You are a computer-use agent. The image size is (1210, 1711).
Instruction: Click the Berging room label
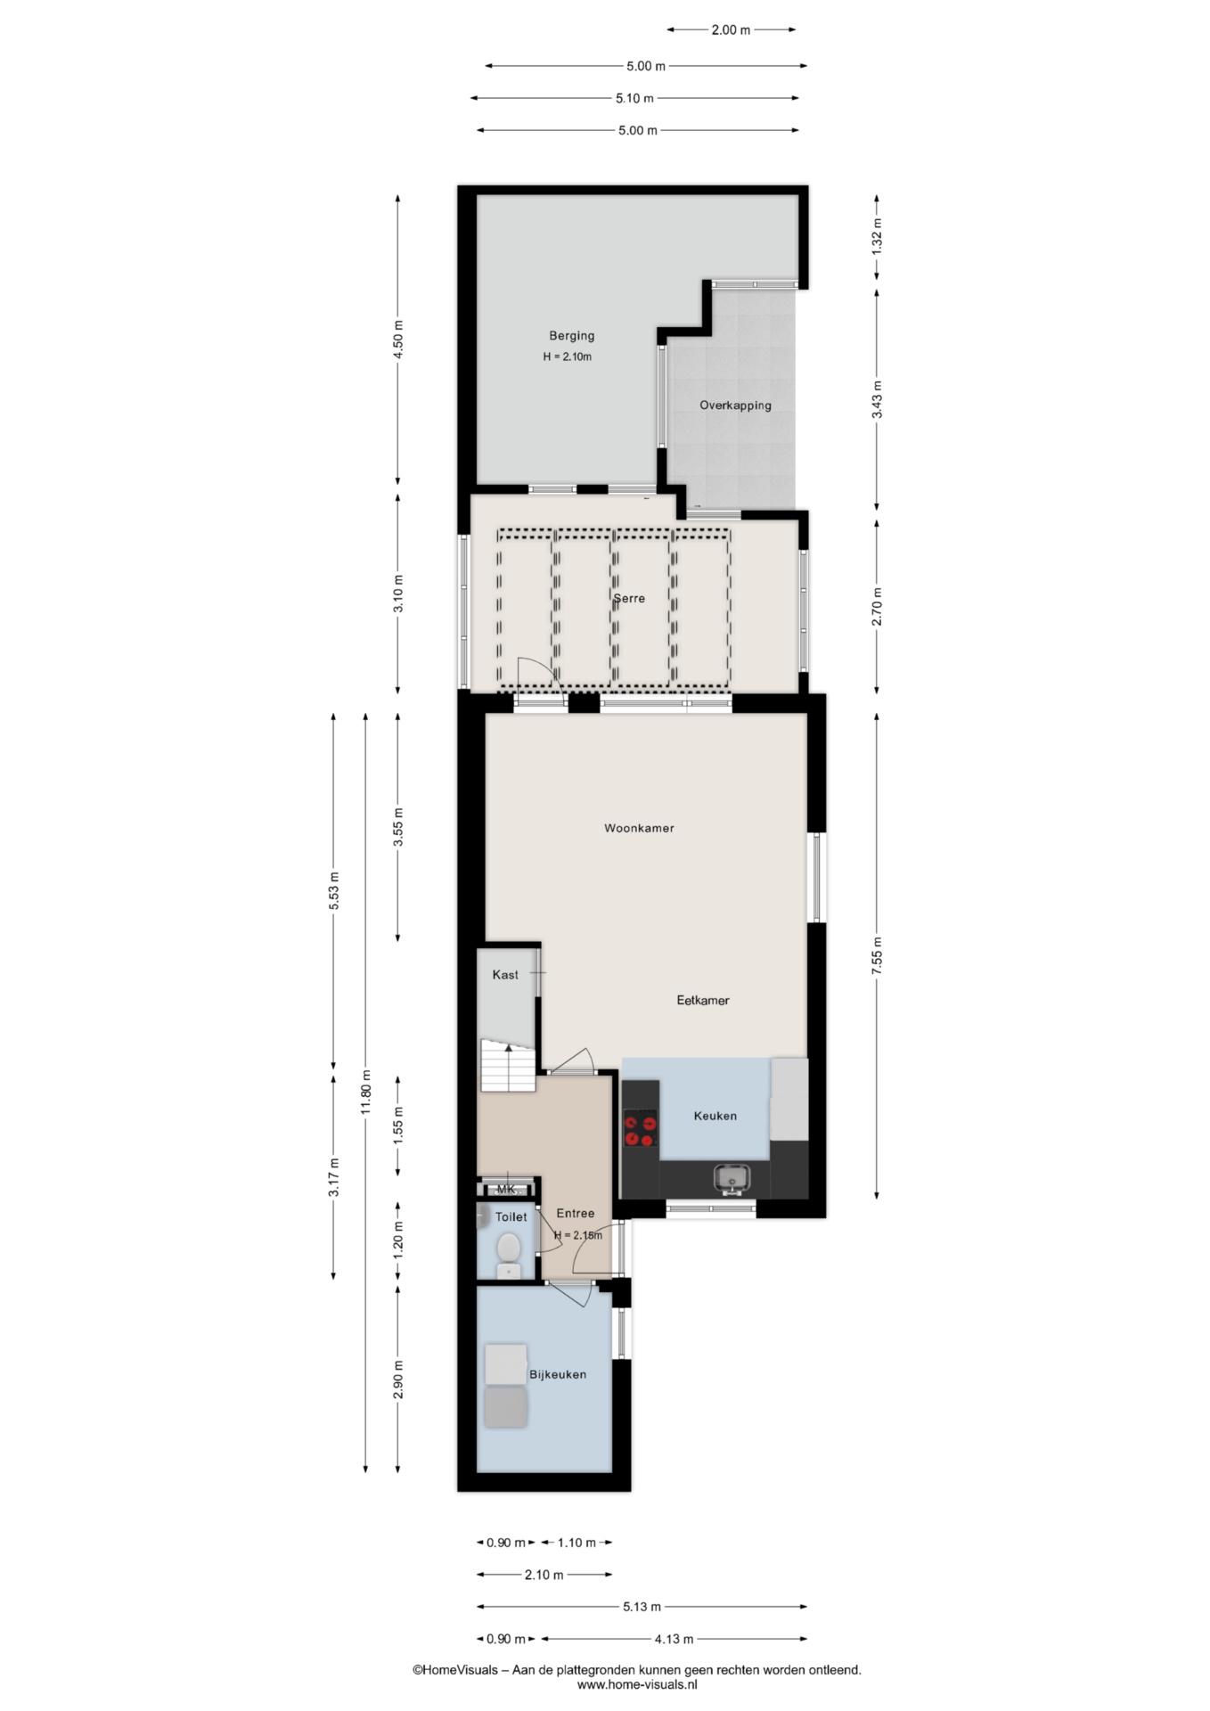tap(571, 336)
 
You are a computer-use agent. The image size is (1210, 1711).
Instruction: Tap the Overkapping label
tap(735, 405)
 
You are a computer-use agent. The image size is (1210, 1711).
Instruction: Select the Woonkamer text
tap(639, 828)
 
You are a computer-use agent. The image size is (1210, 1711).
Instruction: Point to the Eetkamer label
tap(703, 1000)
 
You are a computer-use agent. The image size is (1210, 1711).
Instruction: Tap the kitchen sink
tap(732, 1179)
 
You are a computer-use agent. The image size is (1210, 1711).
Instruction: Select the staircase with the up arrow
tap(508, 1065)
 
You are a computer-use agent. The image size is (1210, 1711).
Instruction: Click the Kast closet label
tap(505, 975)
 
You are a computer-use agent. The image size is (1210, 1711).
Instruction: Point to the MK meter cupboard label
tap(506, 1189)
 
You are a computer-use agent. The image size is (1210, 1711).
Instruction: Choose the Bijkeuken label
tap(558, 1374)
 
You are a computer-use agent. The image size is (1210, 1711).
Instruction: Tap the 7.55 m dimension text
tap(877, 956)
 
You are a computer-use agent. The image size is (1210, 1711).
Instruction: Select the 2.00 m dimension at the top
tap(731, 29)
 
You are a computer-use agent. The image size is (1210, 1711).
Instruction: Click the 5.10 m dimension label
tap(634, 98)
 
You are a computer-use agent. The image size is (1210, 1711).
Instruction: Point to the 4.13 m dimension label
tap(674, 1638)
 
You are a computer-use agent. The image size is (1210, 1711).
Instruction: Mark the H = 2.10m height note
tap(568, 356)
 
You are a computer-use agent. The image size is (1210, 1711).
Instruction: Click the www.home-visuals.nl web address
tap(637, 1684)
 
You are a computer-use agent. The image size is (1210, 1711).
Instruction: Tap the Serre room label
tap(629, 598)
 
